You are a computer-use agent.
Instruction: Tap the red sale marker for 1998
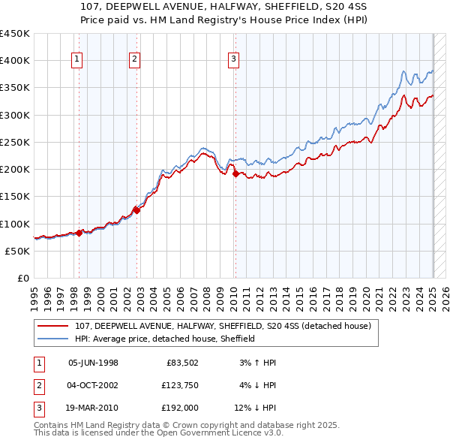pyautogui.click(x=79, y=233)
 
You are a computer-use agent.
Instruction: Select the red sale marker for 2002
pyautogui.click(x=136, y=210)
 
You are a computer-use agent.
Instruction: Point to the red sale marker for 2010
pyautogui.click(x=235, y=173)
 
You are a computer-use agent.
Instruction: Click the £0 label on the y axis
pyautogui.click(x=23, y=278)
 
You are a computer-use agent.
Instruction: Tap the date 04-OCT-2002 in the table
pyautogui.click(x=93, y=385)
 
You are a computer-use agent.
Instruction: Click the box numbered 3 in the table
pyautogui.click(x=37, y=408)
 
